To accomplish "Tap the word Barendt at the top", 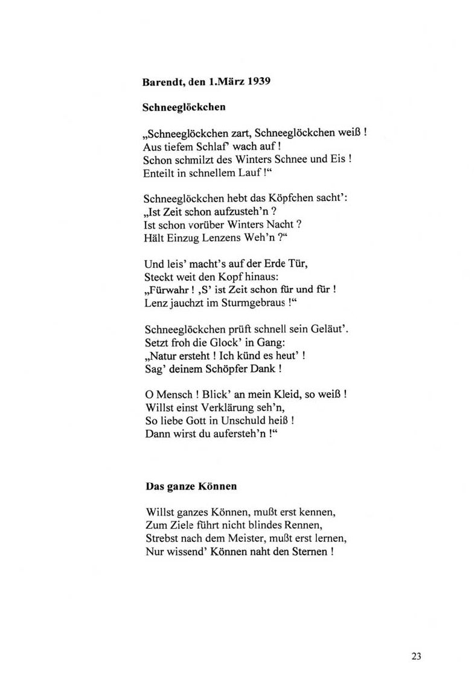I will pos(163,83).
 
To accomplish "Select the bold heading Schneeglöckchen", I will pos(175,108).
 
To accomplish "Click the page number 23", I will pos(417,656).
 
